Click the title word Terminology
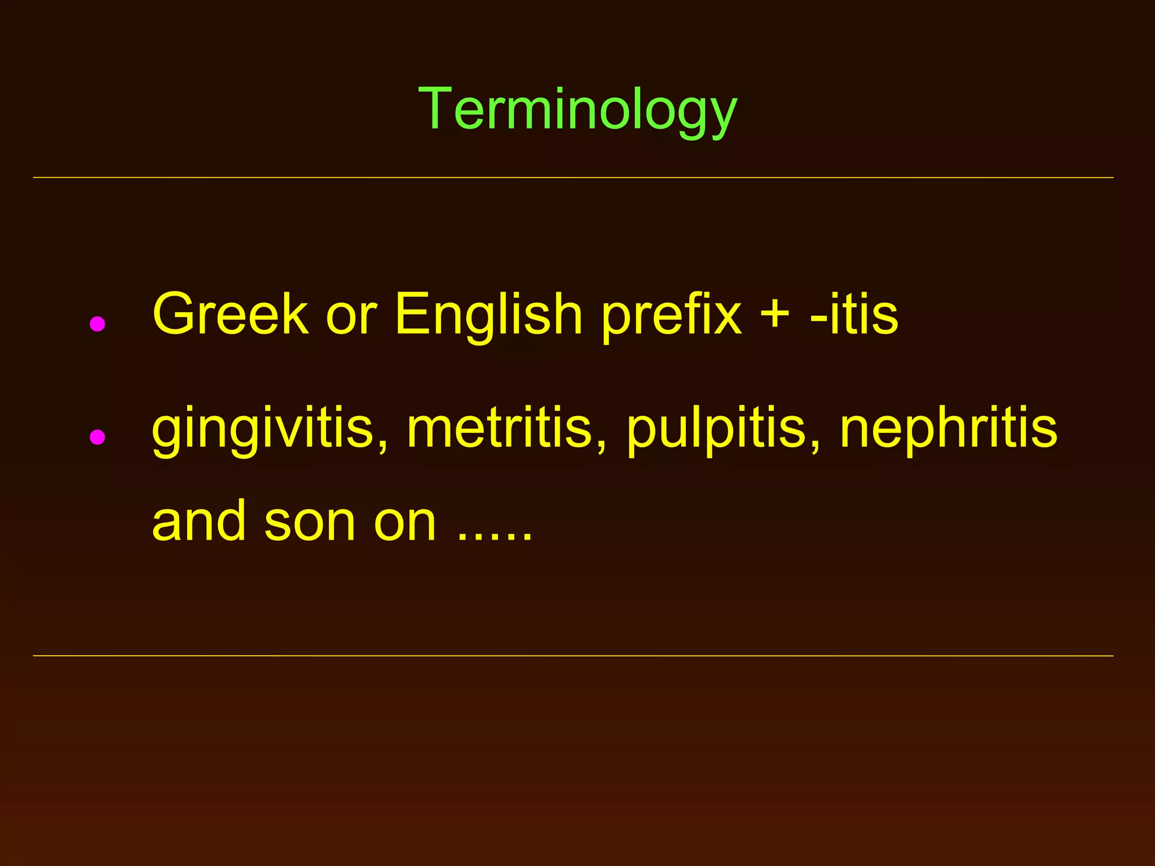click(x=577, y=110)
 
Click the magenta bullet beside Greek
click(x=98, y=324)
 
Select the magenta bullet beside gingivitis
click(x=98, y=437)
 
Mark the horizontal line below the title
click(x=573, y=178)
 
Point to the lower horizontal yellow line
click(x=573, y=656)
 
